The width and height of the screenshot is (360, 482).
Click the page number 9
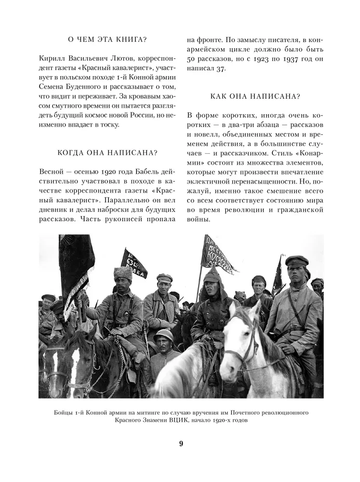click(181, 444)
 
